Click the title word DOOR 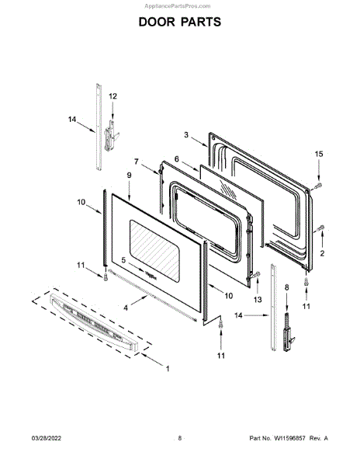pos(157,22)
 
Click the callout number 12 pos(112,96)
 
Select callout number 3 pos(186,135)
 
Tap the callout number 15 pos(319,154)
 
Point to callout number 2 pos(322,253)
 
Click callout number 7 pos(137,162)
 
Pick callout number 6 pos(177,159)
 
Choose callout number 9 pos(129,176)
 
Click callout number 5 pos(123,260)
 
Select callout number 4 pos(126,308)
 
